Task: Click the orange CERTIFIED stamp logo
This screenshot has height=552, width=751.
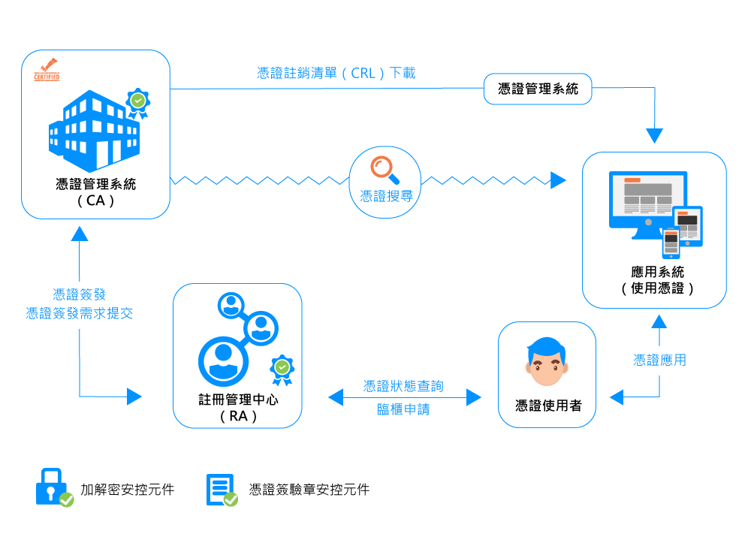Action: (47, 70)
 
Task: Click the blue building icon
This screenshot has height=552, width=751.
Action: (94, 128)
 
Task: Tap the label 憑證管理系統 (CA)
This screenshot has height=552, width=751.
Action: (95, 192)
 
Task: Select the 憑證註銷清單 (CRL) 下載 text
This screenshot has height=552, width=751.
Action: (336, 73)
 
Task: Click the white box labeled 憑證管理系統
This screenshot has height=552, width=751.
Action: (538, 89)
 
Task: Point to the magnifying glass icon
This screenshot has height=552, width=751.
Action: (385, 169)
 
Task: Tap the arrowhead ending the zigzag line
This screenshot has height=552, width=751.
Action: (558, 180)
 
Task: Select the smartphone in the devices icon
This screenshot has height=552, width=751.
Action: (671, 243)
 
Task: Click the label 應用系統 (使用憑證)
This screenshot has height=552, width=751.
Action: (657, 279)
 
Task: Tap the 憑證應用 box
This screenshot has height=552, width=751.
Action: (659, 360)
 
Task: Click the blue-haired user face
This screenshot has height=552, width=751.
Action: (546, 361)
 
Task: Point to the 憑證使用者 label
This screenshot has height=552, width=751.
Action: (547, 406)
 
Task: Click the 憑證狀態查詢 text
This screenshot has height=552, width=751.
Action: (403, 386)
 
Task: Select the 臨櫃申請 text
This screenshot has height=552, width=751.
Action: (403, 410)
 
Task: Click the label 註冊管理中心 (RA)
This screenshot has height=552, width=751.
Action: (238, 407)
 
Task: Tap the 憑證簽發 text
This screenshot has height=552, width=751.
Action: (79, 294)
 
